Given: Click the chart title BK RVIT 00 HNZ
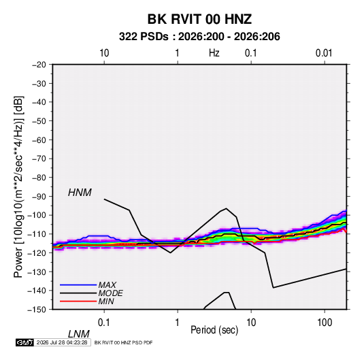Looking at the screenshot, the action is click(x=199, y=19).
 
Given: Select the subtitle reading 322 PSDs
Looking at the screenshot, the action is click(x=144, y=37).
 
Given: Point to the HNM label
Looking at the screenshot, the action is click(x=80, y=193).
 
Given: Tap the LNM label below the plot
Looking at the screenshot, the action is click(x=78, y=334).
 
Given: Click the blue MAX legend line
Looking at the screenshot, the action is click(x=78, y=285).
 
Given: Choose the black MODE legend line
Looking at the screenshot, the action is click(x=78, y=293).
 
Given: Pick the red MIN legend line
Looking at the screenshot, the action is click(x=78, y=301).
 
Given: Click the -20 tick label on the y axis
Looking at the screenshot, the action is click(x=39, y=65).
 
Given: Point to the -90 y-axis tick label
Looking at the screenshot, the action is click(x=39, y=197).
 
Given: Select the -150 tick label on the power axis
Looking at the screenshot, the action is click(x=37, y=310).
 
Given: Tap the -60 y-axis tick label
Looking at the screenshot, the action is click(x=39, y=140).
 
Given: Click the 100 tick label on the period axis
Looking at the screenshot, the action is click(x=325, y=323).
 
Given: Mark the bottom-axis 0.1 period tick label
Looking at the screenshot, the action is click(x=104, y=323).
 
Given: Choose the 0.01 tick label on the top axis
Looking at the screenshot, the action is click(x=324, y=53).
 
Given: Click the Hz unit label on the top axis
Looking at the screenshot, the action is click(x=214, y=53).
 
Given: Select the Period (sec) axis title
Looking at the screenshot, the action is click(x=214, y=330).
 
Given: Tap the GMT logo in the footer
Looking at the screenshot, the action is click(x=24, y=342).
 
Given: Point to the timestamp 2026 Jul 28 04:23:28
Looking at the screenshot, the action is click(x=62, y=342).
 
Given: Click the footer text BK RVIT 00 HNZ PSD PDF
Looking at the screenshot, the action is click(x=124, y=342).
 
